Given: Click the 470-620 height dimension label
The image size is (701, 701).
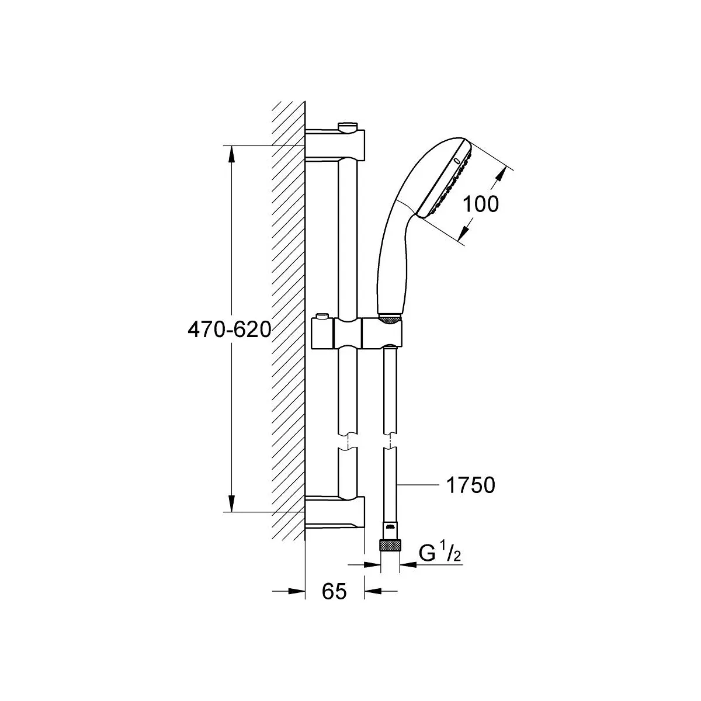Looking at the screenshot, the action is [x=229, y=330].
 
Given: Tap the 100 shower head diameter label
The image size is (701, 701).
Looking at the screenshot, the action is [x=481, y=204].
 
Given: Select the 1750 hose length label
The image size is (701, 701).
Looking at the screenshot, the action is [x=471, y=485].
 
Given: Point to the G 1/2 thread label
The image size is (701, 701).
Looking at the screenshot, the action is [x=440, y=555].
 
